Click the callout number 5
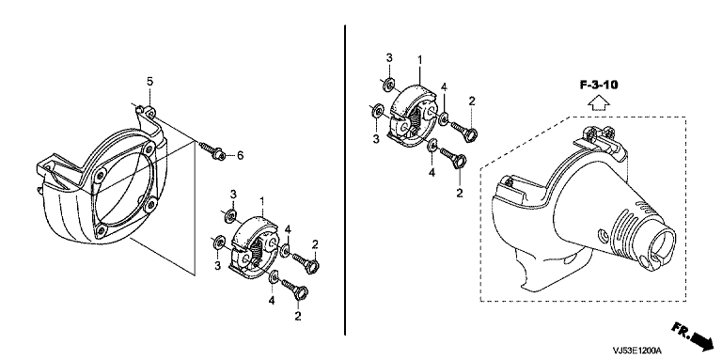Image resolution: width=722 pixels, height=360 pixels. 149,82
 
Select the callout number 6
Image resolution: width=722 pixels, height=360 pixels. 240,156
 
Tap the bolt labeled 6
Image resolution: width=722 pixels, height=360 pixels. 212,151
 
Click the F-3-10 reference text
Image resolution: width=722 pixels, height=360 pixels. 598,85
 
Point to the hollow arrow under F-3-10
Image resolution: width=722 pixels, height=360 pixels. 598,103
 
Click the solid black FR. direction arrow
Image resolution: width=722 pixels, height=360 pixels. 700,340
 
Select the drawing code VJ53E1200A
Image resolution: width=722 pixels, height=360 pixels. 636,351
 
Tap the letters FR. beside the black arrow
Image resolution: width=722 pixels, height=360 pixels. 681,331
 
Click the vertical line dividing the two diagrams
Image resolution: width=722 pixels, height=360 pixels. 345,180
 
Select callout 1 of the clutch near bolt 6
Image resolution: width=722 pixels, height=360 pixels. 262,201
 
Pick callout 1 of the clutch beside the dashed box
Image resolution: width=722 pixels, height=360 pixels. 419,59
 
